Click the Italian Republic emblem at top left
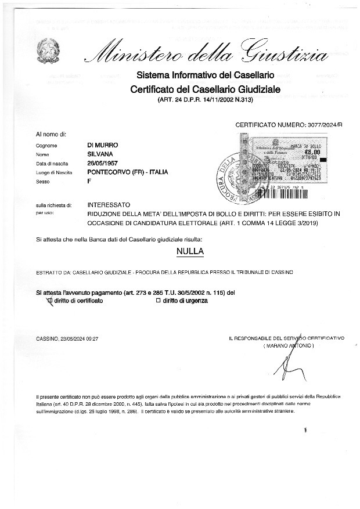pyautogui.click(x=47, y=52)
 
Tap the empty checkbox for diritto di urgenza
pyautogui.click(x=158, y=301)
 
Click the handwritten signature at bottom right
pyautogui.click(x=288, y=365)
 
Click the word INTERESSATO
pyautogui.click(x=109, y=205)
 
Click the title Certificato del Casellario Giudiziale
pyautogui.click(x=205, y=89)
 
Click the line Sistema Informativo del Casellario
pyautogui.click(x=205, y=76)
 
